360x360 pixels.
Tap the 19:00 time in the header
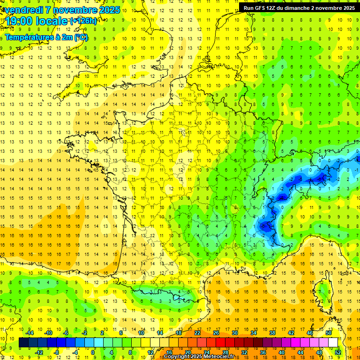(x=21, y=21)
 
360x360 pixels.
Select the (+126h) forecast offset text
(x=83, y=21)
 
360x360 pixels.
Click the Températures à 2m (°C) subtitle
(x=46, y=37)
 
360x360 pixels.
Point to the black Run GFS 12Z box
(x=299, y=7)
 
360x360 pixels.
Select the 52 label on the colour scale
(x=338, y=352)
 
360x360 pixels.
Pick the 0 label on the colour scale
(x=93, y=352)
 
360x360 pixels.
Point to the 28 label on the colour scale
(x=225, y=352)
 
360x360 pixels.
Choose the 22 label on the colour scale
(x=197, y=333)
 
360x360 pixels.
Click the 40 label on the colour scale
(x=282, y=352)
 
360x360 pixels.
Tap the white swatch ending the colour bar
(x=333, y=343)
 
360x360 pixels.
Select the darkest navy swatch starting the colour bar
(x=23, y=343)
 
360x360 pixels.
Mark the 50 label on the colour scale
(x=329, y=333)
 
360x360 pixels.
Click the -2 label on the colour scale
(x=84, y=333)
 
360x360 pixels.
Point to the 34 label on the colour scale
(x=254, y=333)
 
